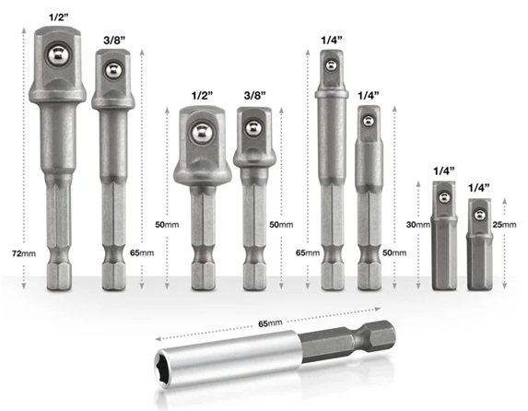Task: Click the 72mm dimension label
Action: tap(24, 253)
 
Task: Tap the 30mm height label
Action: tap(418, 224)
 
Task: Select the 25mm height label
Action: tap(504, 224)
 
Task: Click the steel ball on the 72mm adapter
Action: tap(57, 54)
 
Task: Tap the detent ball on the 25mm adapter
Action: tap(479, 215)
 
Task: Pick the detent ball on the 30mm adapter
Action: tap(444, 197)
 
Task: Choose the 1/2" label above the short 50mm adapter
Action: tap(203, 96)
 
